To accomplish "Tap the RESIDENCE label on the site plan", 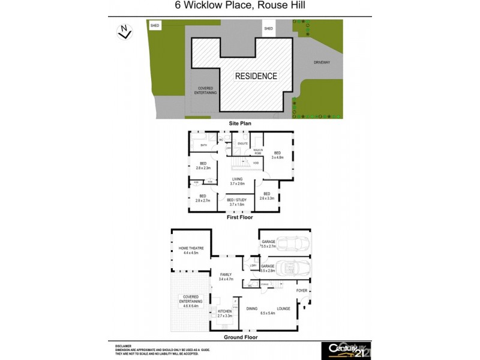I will [x=256, y=76].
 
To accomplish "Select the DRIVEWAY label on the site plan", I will [x=322, y=62].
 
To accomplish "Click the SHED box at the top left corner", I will [x=155, y=26].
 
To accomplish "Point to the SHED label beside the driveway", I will [x=268, y=28].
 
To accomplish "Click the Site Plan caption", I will [x=240, y=123].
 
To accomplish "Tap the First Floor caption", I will [x=240, y=218].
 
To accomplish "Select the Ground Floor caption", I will [x=240, y=337].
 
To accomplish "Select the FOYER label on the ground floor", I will [x=302, y=291].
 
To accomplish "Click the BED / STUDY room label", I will [x=239, y=202].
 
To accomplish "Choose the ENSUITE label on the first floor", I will [x=244, y=144].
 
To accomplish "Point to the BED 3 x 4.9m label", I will [x=278, y=155].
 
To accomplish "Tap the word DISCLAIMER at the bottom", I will [x=124, y=346].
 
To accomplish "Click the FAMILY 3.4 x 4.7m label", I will [x=226, y=277].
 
